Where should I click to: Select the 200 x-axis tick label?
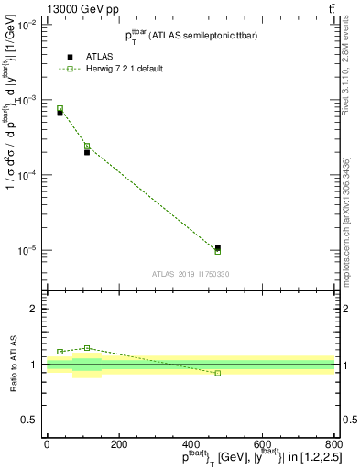[x=119, y=445]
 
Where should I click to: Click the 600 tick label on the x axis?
[x=262, y=445]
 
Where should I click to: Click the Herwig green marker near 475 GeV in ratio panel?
[x=217, y=373]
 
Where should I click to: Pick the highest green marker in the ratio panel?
[x=87, y=348]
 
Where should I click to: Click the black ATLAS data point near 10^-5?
[x=217, y=247]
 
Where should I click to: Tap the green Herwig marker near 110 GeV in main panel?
[x=87, y=146]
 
